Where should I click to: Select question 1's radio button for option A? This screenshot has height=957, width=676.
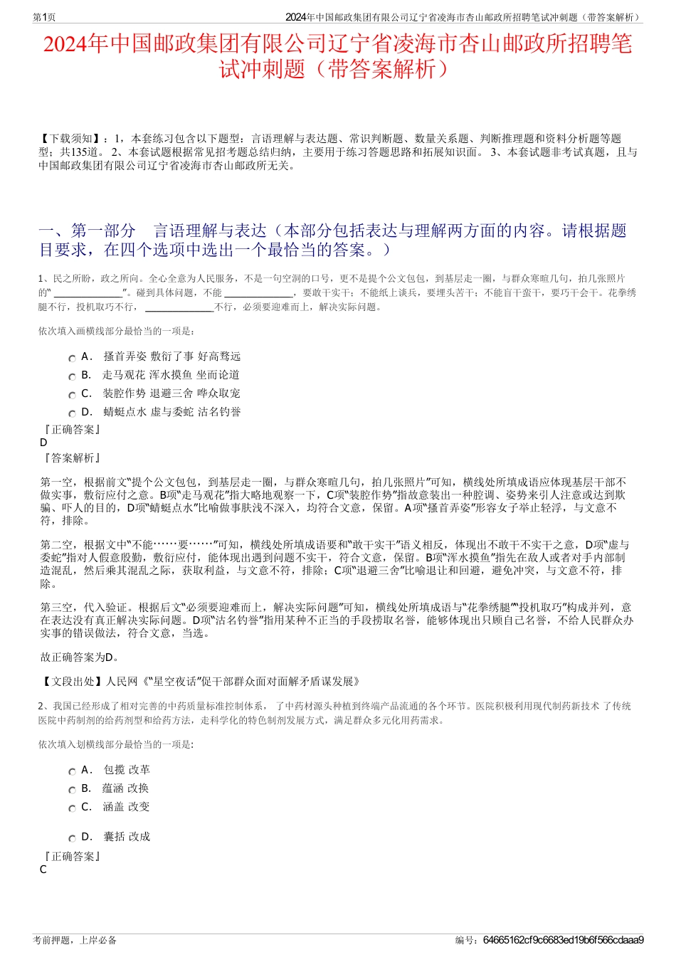pos(72,358)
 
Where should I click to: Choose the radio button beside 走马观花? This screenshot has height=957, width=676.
pos(72,376)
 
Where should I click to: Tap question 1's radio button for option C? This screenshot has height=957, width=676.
pos(72,395)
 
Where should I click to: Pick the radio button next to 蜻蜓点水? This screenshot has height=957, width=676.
pos(72,413)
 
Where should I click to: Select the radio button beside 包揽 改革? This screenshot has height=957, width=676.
pos(72,771)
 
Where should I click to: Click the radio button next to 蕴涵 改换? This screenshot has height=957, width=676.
pos(72,790)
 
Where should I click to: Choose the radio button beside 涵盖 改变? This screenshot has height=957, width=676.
pos(72,808)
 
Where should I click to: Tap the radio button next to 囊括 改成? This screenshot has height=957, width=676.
pos(72,838)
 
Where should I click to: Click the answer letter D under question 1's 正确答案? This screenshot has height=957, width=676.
pos(43,443)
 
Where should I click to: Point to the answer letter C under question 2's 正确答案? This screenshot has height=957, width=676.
pos(43,869)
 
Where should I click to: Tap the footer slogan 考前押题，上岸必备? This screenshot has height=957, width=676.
pos(75,940)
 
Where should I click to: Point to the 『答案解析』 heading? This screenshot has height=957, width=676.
pos(71,458)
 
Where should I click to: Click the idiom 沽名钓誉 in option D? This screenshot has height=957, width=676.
pos(219,412)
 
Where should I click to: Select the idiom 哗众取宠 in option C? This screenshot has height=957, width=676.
pos(218,393)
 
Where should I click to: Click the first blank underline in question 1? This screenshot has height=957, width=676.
pos(88,293)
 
